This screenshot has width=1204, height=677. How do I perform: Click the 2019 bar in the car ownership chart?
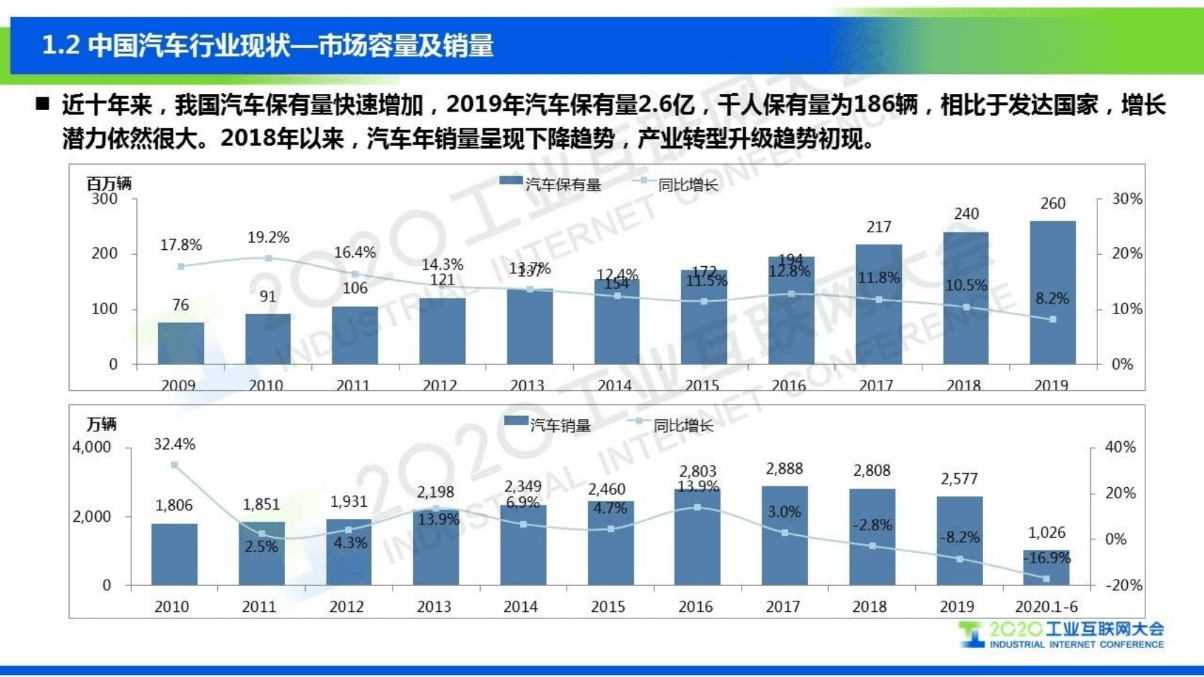tap(1052, 293)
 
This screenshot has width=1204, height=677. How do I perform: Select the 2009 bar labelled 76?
tap(181, 343)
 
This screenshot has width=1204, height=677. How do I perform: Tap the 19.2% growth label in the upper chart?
tap(268, 238)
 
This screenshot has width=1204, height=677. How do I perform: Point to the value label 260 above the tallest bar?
tap(1052, 204)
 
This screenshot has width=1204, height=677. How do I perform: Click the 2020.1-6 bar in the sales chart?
tap(1046, 568)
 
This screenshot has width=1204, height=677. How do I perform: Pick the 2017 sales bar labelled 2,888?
tap(784, 535)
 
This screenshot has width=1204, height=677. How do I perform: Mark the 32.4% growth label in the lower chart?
tap(174, 445)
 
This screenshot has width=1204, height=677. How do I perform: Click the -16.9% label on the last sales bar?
tap(1047, 558)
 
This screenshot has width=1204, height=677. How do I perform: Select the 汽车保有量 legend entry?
tap(550, 184)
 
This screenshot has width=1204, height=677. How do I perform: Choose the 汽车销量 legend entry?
tap(548, 425)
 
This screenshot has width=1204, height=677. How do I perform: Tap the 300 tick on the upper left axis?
tap(104, 199)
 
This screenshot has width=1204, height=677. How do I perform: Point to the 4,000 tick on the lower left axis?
tap(92, 448)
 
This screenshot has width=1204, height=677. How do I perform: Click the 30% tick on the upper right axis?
tap(1126, 199)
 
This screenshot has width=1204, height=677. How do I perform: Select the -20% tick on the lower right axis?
tap(1123, 585)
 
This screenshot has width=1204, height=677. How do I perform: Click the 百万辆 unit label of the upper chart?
tap(109, 184)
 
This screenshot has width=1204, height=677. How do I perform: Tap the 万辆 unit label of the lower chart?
tap(101, 424)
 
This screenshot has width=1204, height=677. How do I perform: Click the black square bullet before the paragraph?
tap(42, 104)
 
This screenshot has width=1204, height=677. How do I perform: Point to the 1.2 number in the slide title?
tap(60, 46)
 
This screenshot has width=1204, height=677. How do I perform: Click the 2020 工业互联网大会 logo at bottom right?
tap(1061, 635)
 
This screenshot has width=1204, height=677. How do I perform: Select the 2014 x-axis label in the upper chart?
tap(614, 385)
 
